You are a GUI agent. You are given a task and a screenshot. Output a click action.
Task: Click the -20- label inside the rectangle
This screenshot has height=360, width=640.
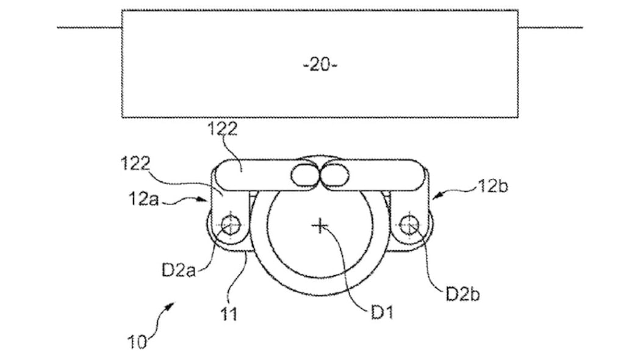tap(320, 65)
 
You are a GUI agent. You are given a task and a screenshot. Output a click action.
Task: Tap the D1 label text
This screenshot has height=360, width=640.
tap(382, 312)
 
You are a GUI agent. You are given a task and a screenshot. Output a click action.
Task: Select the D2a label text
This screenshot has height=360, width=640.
tap(179, 270)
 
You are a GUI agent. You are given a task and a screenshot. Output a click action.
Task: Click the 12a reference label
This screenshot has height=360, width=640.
tap(143, 199)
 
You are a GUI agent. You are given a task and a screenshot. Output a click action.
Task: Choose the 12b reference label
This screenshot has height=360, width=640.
tap(493, 187)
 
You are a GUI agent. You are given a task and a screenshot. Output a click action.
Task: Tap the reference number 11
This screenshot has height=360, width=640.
tap(229, 314)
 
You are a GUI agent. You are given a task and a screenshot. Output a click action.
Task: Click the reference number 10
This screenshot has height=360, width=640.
tap(137, 342)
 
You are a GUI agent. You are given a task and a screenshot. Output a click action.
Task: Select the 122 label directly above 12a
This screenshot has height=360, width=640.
tap(136, 164)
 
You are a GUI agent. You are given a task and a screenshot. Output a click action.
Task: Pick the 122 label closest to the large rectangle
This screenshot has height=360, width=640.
tap(223, 129)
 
